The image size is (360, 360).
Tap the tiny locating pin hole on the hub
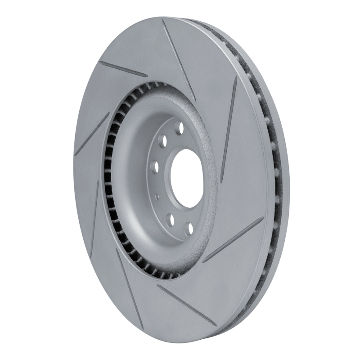157,197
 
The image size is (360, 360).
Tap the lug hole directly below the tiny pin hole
170,220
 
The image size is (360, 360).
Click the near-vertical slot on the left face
94,216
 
